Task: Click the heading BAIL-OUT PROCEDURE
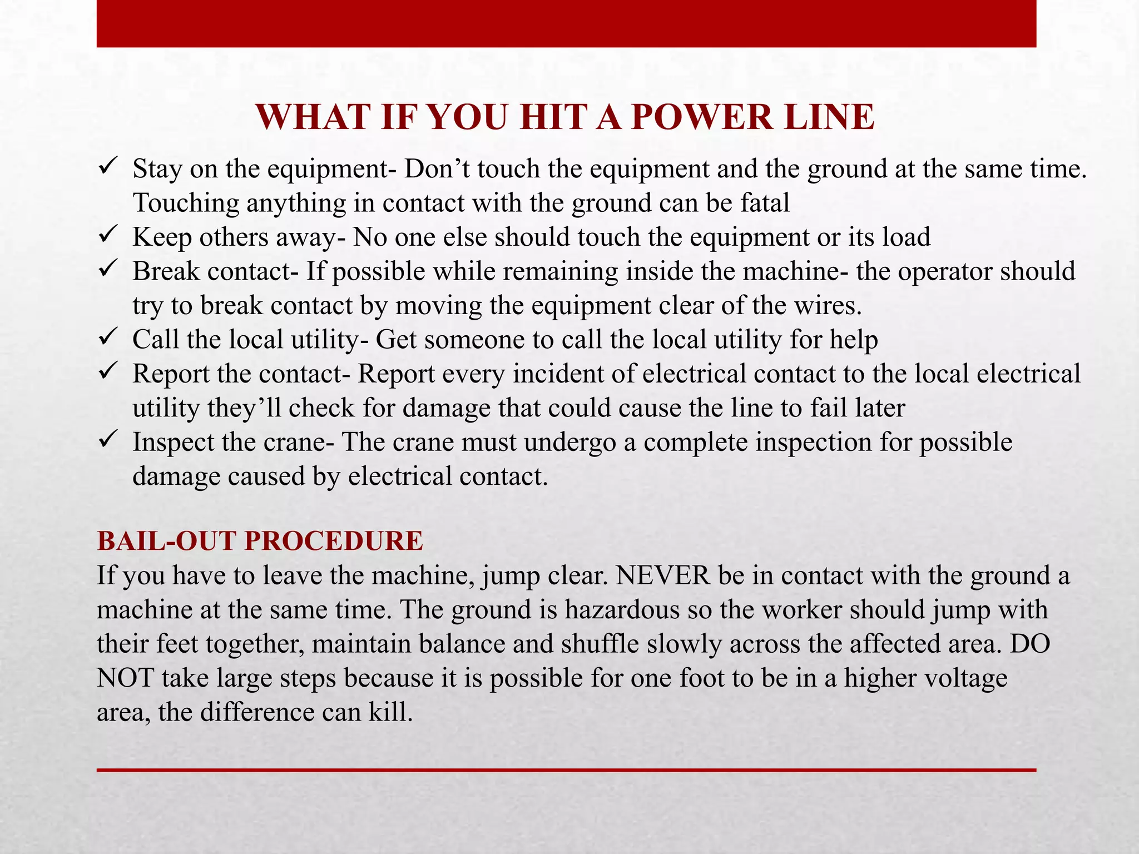tap(260, 541)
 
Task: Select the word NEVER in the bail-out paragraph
tap(662, 575)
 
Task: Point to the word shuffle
tap(599, 644)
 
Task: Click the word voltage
tap(965, 678)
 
